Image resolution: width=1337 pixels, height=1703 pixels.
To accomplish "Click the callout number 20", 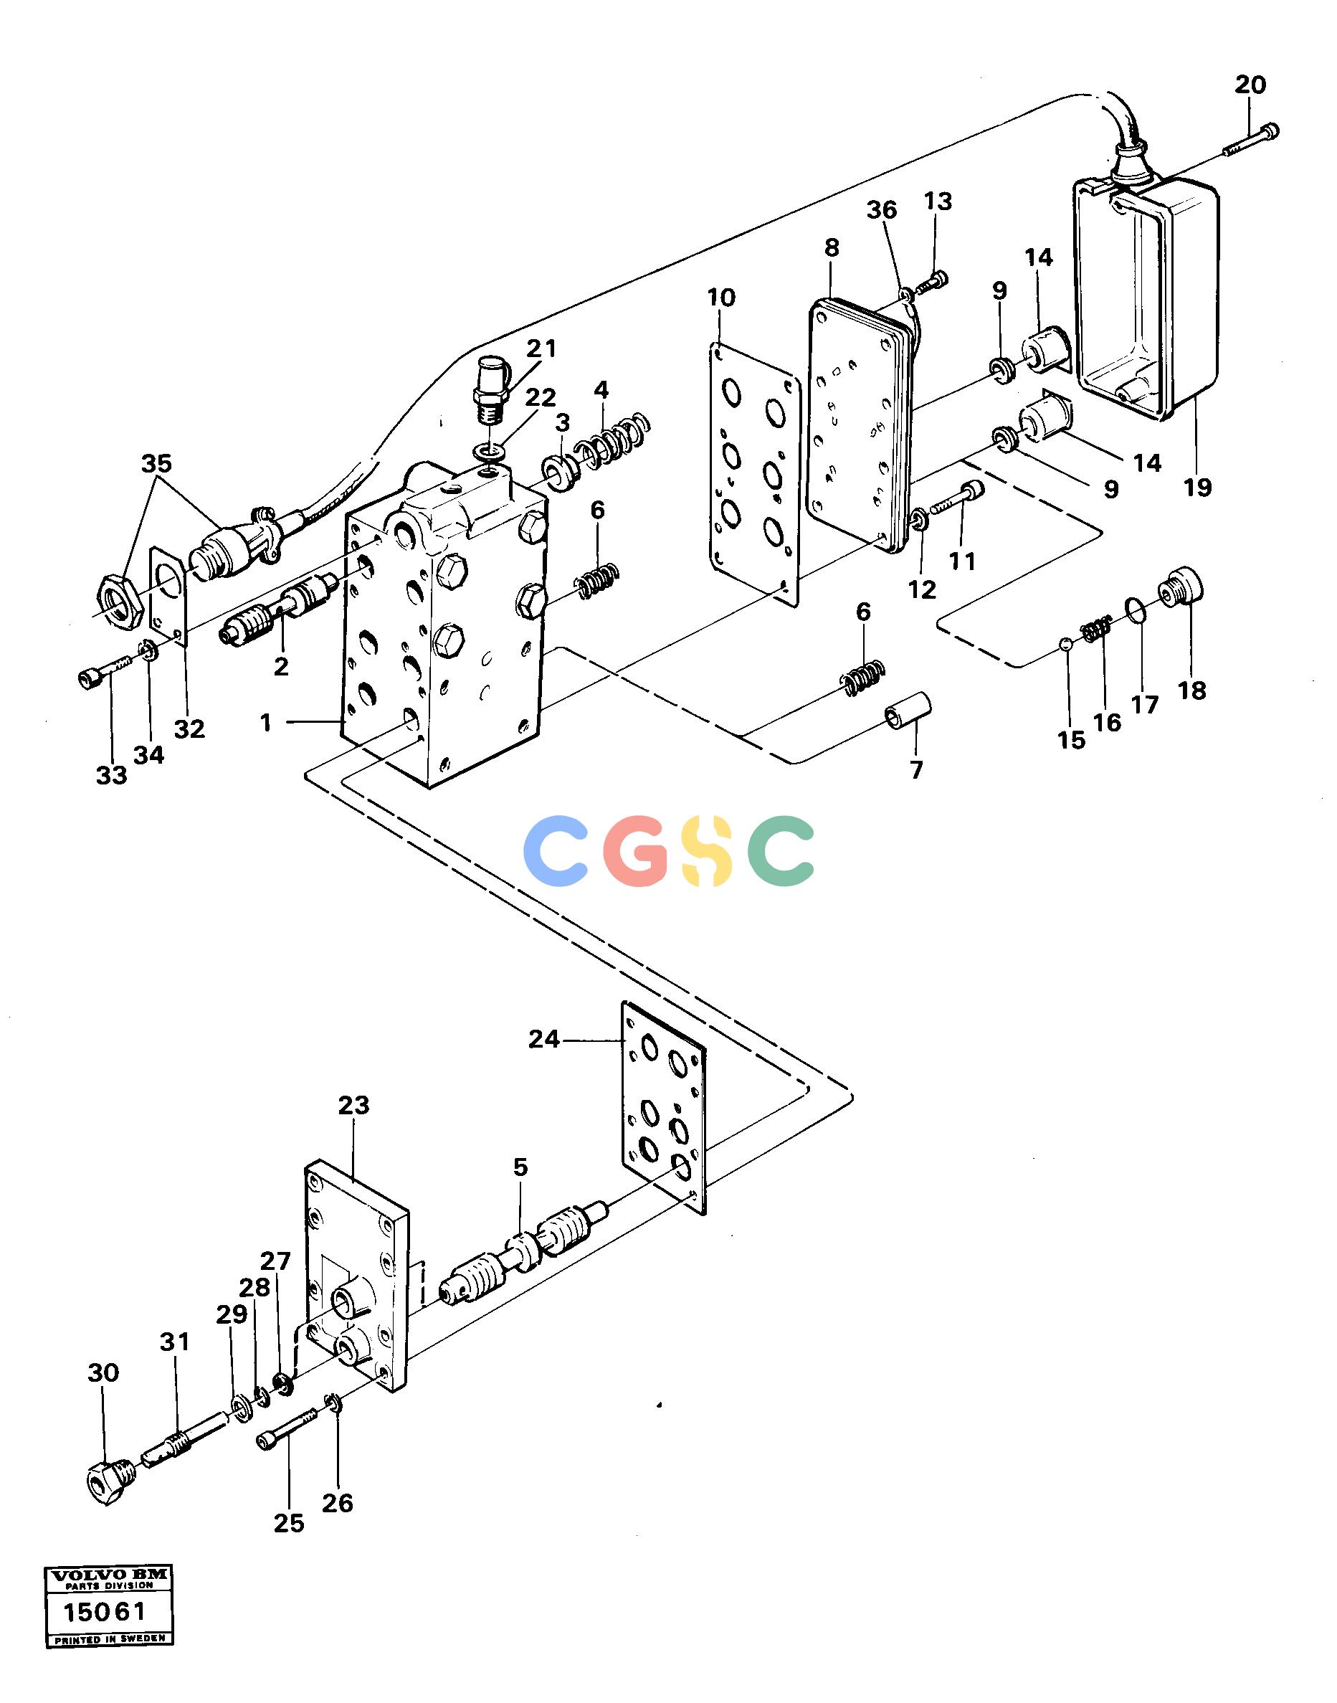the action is (1250, 85).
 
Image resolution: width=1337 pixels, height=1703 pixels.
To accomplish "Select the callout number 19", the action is (1198, 487).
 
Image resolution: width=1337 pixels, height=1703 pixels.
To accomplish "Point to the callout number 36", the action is (882, 210).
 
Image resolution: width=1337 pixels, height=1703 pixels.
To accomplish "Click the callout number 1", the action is (267, 723).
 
